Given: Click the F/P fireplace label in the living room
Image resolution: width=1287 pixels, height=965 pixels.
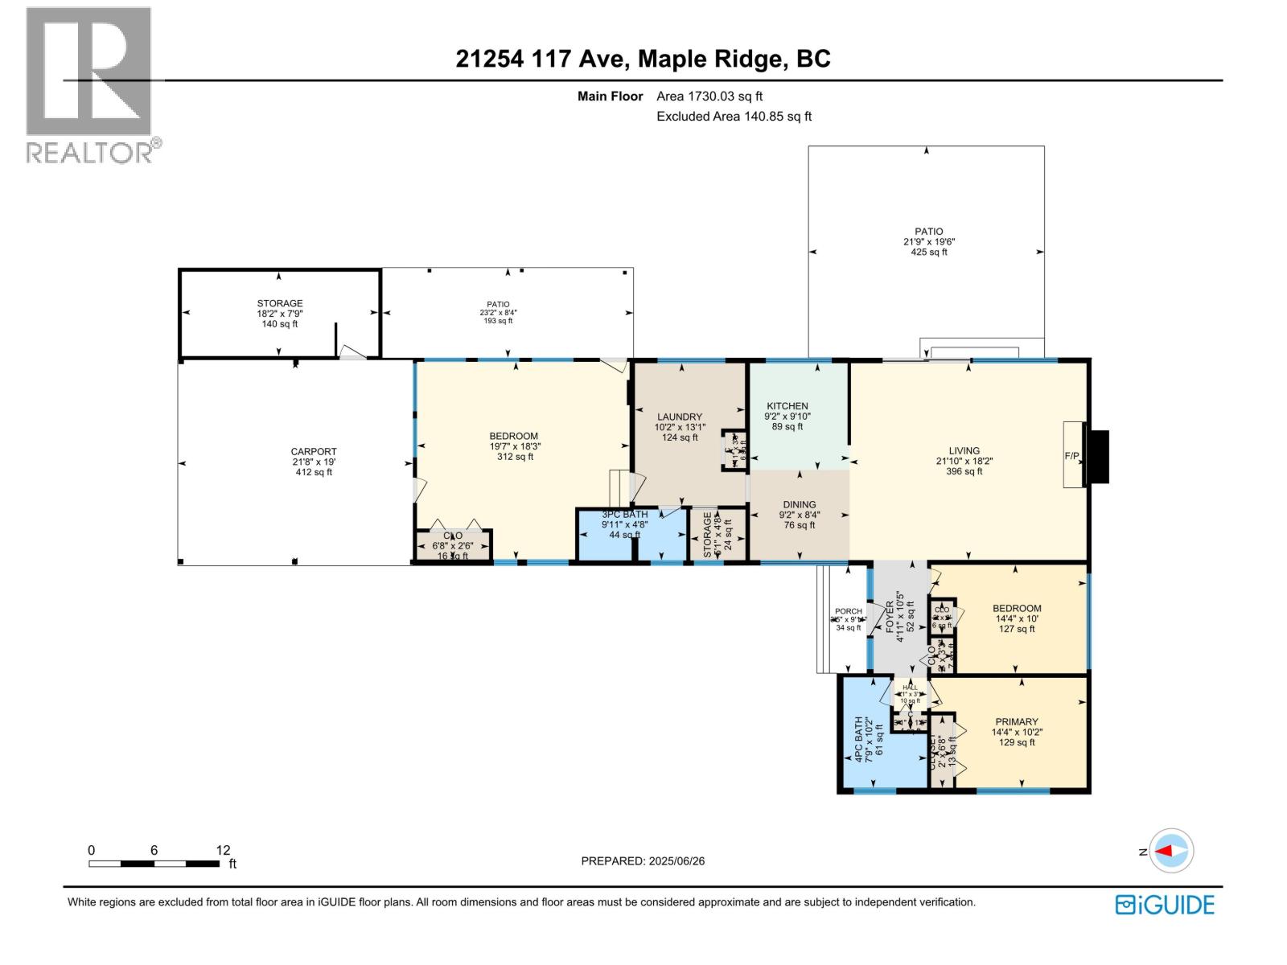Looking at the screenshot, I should tap(1072, 456).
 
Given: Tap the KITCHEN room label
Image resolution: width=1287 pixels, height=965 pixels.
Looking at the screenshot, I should tap(787, 406).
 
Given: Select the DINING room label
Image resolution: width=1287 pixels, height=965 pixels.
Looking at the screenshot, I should tap(799, 505).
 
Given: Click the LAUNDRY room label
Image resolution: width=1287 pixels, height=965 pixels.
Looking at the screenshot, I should tap(680, 417).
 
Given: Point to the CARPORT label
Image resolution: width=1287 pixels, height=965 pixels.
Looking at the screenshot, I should tap(314, 452).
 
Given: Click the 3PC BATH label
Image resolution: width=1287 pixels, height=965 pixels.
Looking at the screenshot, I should tap(625, 515).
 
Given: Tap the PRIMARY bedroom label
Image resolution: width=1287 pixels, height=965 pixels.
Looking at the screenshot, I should tap(1017, 722).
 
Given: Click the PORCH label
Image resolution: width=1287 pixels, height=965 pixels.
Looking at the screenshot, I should tap(849, 611).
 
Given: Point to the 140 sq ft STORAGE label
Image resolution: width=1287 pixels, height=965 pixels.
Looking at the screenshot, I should tap(280, 314).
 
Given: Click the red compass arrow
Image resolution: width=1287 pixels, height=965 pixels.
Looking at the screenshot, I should tap(1168, 851).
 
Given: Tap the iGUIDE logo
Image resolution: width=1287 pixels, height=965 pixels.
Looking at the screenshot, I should tap(1165, 905).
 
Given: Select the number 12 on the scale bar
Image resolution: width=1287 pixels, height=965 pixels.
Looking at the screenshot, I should tap(223, 850).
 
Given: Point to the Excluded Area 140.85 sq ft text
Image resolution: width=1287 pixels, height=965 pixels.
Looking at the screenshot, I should tap(734, 116).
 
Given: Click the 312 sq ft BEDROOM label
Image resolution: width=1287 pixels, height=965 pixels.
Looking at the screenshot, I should tap(514, 446).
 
